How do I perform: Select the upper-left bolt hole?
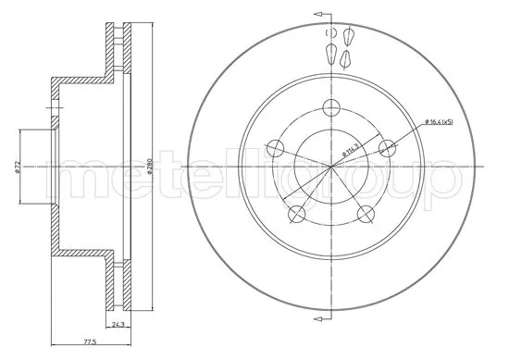pos(274,146)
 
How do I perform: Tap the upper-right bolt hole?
pos(390,145)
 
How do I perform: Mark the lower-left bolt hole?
pos(296,214)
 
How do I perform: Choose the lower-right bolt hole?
pos(367,214)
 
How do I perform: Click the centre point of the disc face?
pos(331,167)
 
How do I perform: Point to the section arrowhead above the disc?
pos(318,16)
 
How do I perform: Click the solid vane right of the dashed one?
pos(350,36)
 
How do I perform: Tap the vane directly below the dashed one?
pos(331,55)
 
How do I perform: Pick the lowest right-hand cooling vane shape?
pos(345,59)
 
